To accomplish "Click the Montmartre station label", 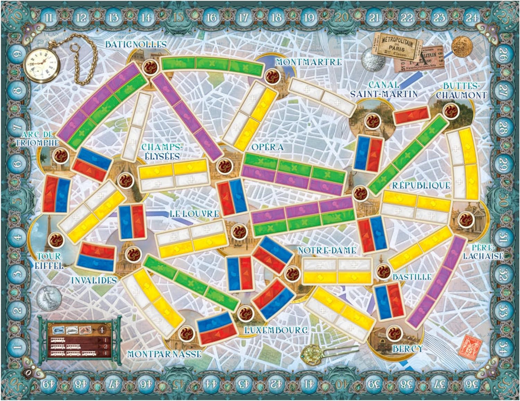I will click(x=309, y=62).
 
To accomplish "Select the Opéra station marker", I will click(x=225, y=166).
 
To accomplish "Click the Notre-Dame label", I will click(x=327, y=251).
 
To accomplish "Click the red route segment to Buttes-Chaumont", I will click(x=411, y=115).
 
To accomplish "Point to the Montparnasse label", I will click(x=164, y=354).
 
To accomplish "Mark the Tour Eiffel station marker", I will click(x=57, y=239).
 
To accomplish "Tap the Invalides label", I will click(x=93, y=279).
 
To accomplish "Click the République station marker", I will click(x=360, y=193).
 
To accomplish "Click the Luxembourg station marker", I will click(x=244, y=314).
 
